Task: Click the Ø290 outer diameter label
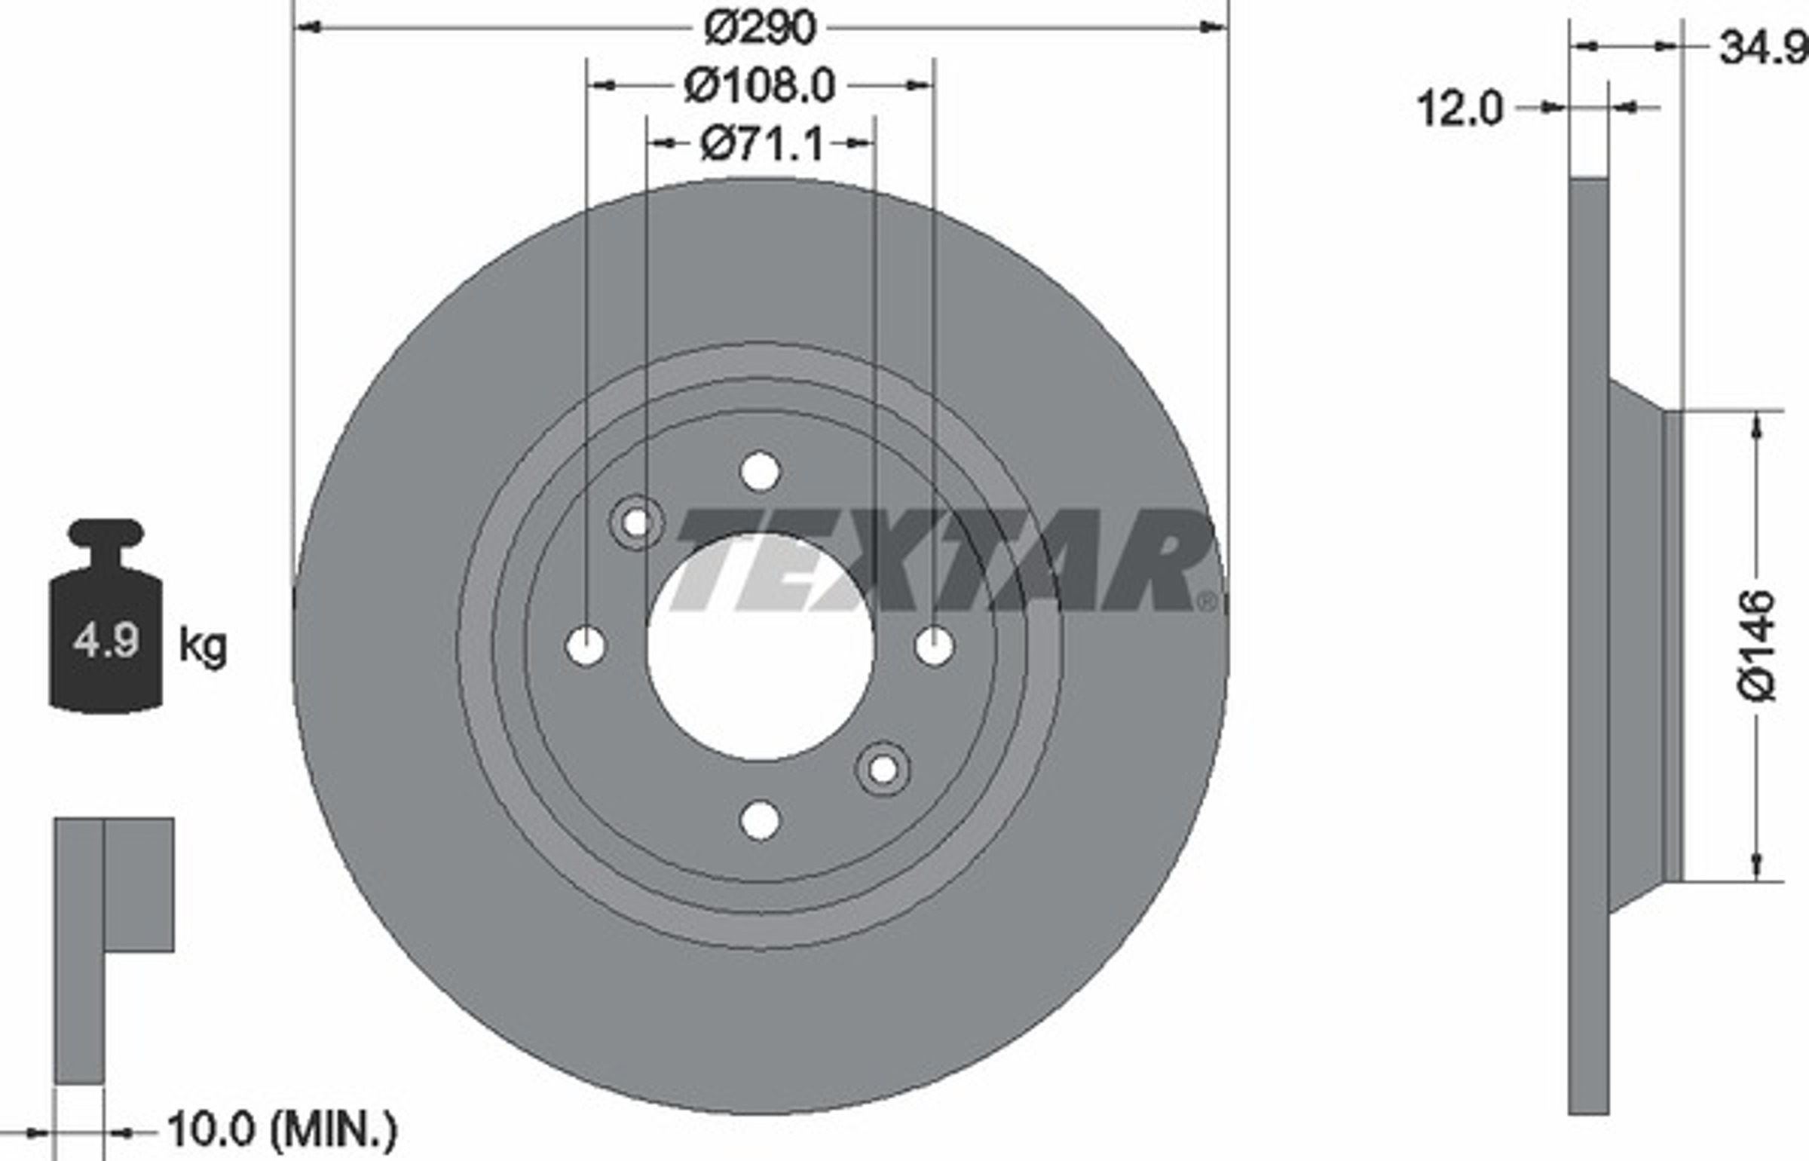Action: click(x=760, y=28)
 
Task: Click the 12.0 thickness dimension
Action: click(x=1460, y=109)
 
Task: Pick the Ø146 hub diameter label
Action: click(x=1758, y=646)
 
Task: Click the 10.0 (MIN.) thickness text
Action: click(x=282, y=1129)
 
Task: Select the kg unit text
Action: click(x=202, y=646)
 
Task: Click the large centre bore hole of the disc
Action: click(x=761, y=646)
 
